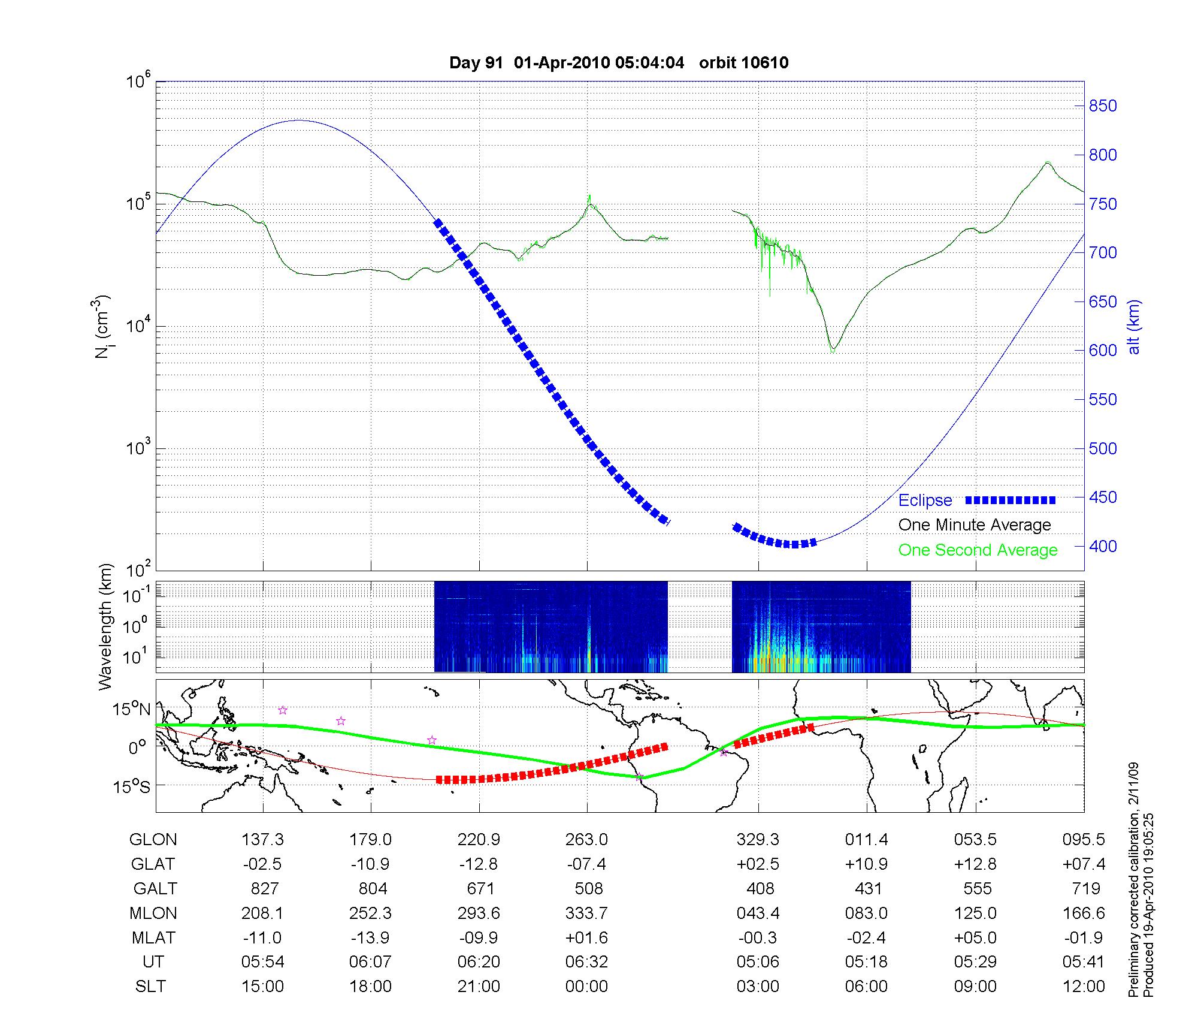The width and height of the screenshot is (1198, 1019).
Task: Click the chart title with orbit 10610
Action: point(619,62)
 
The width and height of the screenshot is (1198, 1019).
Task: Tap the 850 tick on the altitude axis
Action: point(1102,106)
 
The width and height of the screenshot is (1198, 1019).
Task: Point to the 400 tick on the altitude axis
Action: point(1102,546)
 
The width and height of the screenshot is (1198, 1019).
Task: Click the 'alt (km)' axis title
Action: point(1133,327)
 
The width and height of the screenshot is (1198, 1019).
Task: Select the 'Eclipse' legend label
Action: point(925,501)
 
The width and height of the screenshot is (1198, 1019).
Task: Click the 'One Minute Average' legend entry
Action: point(975,525)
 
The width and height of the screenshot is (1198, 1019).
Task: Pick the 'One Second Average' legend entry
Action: point(978,550)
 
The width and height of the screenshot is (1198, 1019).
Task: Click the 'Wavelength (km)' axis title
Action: point(105,627)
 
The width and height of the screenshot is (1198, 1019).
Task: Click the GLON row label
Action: point(153,840)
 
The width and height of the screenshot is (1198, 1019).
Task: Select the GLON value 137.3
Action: point(262,840)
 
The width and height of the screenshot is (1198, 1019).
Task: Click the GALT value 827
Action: point(264,888)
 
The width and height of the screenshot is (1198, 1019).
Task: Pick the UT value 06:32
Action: point(586,962)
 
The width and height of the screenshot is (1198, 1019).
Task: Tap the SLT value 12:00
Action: point(1084,987)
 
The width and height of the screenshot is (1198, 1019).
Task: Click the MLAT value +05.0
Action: point(975,937)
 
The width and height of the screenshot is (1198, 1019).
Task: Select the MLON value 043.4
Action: point(758,913)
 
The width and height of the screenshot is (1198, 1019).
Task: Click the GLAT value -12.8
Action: point(478,864)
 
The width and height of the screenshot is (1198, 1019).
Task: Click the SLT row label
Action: point(150,987)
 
